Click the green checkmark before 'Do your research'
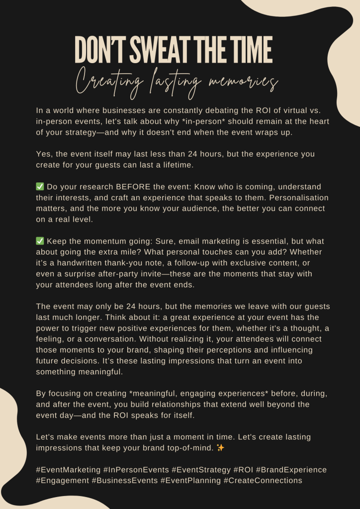pos(40,187)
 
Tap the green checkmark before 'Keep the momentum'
pos(40,241)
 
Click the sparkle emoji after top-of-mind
pos(221,448)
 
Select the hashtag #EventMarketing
pos(67,470)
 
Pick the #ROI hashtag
pos(243,470)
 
